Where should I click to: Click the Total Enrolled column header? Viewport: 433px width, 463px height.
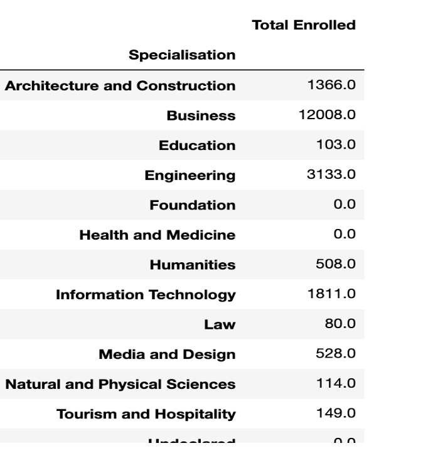(x=303, y=26)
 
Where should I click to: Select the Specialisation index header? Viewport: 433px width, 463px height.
(x=182, y=55)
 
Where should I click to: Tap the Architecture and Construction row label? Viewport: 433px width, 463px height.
(x=120, y=86)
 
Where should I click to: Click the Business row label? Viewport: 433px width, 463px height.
(x=201, y=116)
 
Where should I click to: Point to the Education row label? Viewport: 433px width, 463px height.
(x=197, y=146)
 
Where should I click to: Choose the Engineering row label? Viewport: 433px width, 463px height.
(x=190, y=176)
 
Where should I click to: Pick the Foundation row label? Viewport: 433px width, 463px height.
(x=192, y=205)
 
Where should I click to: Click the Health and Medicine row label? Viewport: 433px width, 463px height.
(x=158, y=235)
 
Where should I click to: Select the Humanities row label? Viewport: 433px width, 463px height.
(x=192, y=265)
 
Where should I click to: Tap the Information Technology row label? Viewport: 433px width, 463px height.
(x=146, y=295)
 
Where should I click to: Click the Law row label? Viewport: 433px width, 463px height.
(x=220, y=324)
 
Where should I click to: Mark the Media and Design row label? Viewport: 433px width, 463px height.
(x=167, y=354)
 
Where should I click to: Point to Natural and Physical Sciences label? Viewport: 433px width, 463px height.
(x=120, y=384)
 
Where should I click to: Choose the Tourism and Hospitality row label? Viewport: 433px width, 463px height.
(x=146, y=414)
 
